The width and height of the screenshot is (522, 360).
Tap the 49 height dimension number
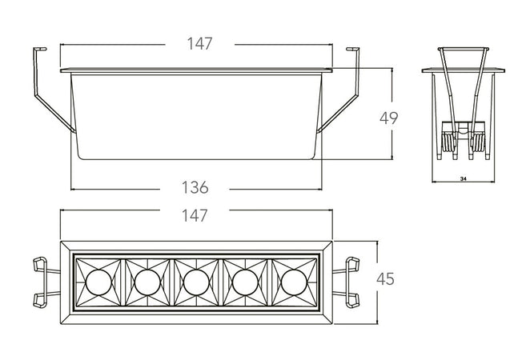point(389,118)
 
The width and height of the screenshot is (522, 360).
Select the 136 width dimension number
point(195,189)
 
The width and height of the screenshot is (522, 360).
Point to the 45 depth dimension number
point(386,279)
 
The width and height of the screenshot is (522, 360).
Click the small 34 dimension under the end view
point(464,179)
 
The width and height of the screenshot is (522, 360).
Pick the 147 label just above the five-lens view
point(195,215)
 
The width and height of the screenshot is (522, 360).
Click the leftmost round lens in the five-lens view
point(98,281)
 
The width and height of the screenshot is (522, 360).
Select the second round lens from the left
point(147,281)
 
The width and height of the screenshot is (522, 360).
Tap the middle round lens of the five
point(195,281)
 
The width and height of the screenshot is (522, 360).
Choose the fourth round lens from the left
point(244,281)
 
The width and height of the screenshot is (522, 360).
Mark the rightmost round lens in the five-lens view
point(293,281)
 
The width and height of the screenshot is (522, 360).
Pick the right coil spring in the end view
point(480,142)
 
